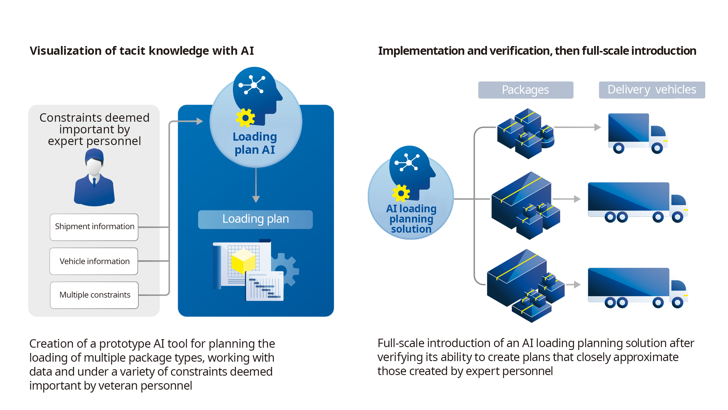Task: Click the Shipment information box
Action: [94, 227]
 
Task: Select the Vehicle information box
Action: [94, 261]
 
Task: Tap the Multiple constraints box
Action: [94, 295]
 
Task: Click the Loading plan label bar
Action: [255, 219]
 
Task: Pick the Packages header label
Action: [525, 90]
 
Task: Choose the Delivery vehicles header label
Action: [652, 90]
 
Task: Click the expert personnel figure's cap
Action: [94, 155]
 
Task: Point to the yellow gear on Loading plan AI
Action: [245, 118]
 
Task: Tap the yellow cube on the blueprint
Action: [243, 261]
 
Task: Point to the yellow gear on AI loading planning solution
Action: [401, 193]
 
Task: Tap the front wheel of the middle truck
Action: [677, 217]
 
